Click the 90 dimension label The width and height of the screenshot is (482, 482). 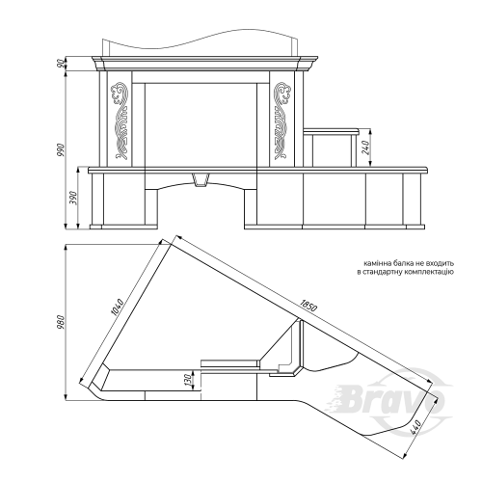pyautogui.click(x=60, y=64)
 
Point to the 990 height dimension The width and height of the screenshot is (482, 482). pyautogui.click(x=61, y=149)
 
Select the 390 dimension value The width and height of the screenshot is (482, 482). pyautogui.click(x=73, y=198)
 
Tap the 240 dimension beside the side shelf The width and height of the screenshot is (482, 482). pyautogui.click(x=366, y=147)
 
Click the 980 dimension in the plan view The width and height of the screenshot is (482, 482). pyautogui.click(x=61, y=322)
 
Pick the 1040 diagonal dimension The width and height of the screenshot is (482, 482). pyautogui.click(x=117, y=307)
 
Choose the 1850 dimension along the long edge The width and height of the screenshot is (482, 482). pyautogui.click(x=308, y=305)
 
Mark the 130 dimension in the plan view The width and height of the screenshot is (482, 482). pyautogui.click(x=189, y=380)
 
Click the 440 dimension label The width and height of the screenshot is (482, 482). pyautogui.click(x=415, y=428)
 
